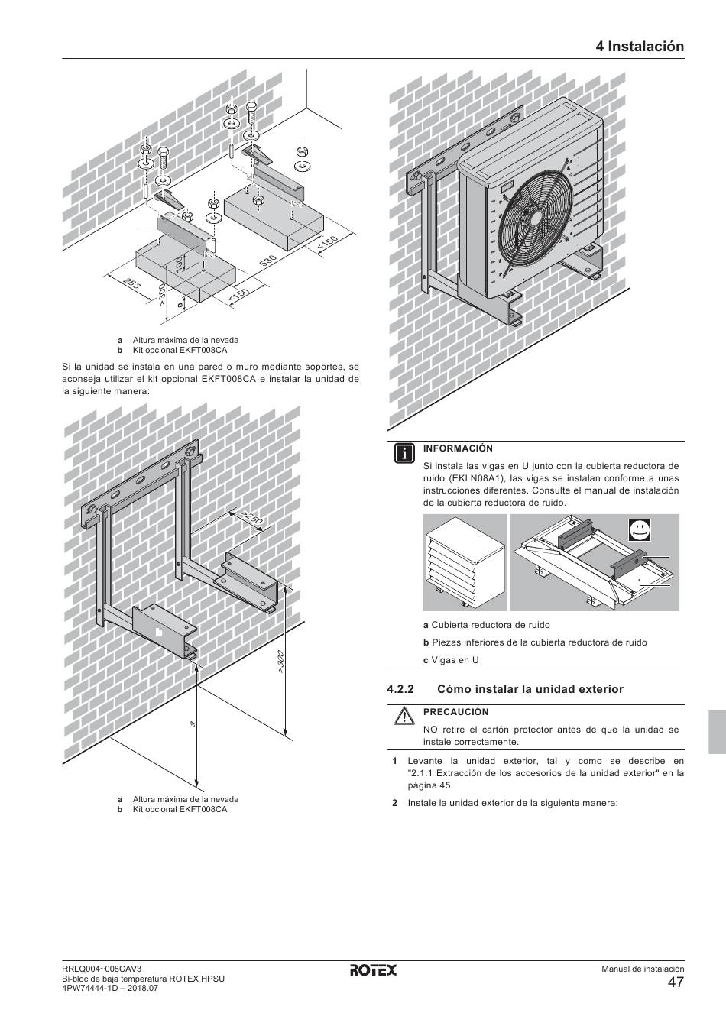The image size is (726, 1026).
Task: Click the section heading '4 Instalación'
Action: coord(640,46)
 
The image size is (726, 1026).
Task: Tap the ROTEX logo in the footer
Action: coord(374,970)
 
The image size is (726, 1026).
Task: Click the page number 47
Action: coord(675,983)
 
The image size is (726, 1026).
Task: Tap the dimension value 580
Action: coord(267,261)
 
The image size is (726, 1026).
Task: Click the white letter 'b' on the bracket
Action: coord(159,633)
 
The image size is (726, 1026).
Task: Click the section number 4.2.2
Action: coord(400,689)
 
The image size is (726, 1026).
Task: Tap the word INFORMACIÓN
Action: coord(458,448)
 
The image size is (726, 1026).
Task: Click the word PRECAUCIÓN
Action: coord(455,712)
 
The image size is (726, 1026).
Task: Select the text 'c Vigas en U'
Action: coord(451,660)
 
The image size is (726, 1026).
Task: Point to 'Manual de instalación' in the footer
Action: coord(642,969)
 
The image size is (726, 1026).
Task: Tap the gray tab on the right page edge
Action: coord(717,731)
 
